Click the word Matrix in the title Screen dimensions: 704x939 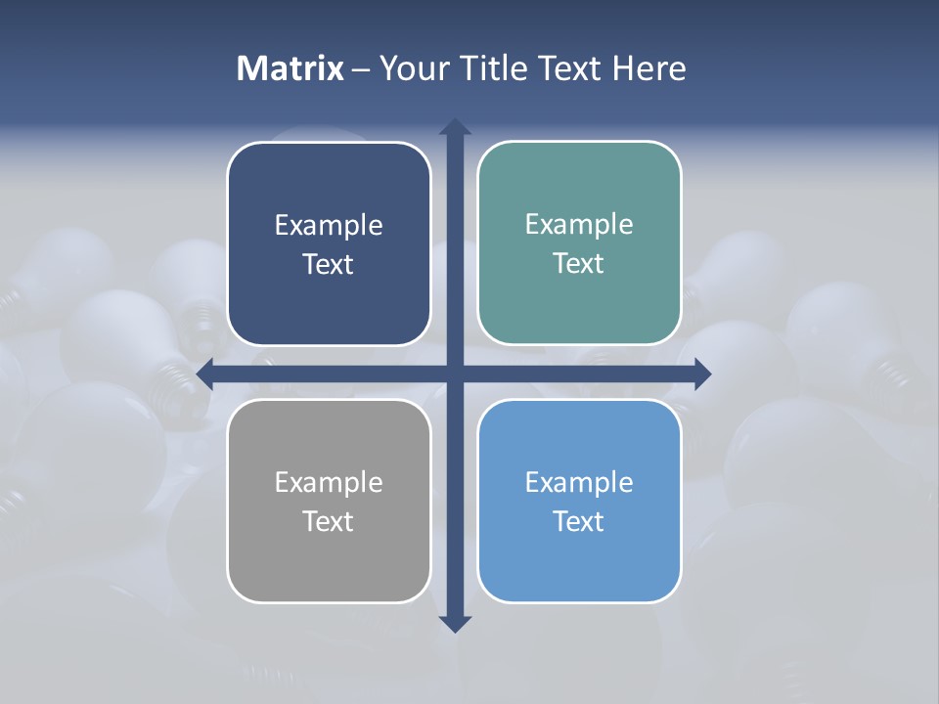(290, 68)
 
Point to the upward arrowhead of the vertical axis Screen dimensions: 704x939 (455, 127)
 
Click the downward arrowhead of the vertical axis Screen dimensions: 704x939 (455, 624)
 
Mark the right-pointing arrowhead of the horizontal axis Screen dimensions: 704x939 (702, 374)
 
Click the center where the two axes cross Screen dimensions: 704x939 (455, 374)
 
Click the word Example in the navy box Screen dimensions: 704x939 (329, 226)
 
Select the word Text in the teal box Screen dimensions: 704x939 (579, 264)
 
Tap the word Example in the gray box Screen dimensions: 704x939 (329, 483)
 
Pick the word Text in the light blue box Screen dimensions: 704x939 (579, 522)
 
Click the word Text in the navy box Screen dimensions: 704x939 (329, 265)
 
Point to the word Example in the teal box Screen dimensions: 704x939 (579, 225)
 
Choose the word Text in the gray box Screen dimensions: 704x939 (329, 522)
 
